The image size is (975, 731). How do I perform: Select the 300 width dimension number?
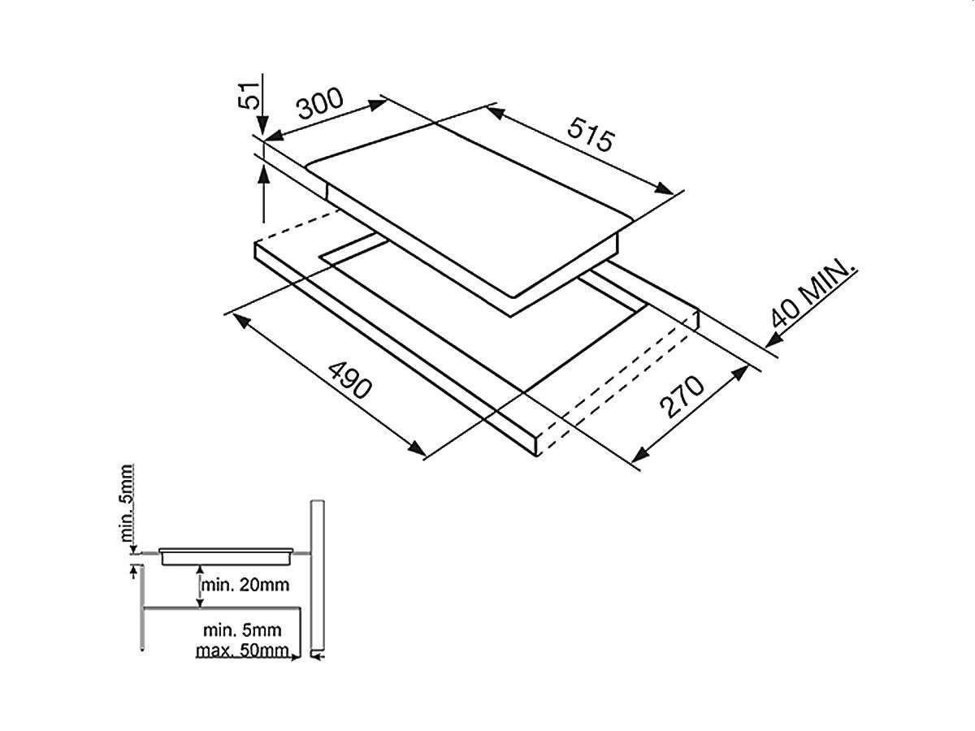coord(320,104)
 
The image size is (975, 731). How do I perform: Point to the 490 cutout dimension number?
coord(349,380)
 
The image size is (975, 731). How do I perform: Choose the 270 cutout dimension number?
coord(682,397)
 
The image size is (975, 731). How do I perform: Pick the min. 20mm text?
coord(245,585)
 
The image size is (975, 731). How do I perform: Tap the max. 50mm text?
coord(242,651)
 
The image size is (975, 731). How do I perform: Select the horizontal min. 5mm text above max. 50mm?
coord(242,630)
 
